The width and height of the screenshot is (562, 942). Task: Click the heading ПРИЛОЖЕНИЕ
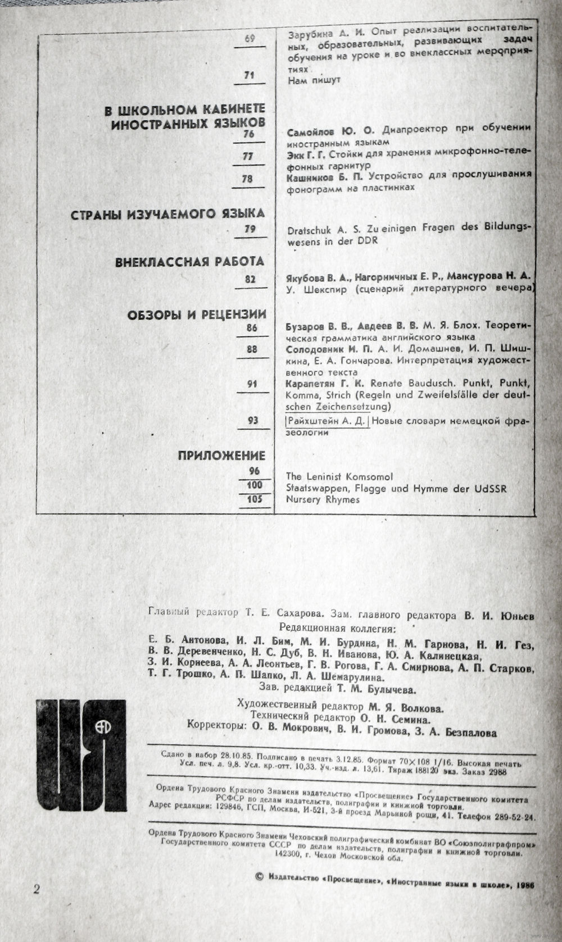[221, 456]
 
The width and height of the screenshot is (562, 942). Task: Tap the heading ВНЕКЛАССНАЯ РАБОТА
[189, 262]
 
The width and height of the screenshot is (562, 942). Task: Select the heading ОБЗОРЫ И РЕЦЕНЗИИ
[196, 315]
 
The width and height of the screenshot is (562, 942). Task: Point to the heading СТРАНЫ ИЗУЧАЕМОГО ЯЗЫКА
[167, 214]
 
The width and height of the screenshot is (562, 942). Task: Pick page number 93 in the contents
[252, 420]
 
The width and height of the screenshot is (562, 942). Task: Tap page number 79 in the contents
[250, 229]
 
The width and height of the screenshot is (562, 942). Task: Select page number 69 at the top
[250, 39]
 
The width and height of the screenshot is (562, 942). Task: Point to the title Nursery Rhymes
[323, 499]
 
